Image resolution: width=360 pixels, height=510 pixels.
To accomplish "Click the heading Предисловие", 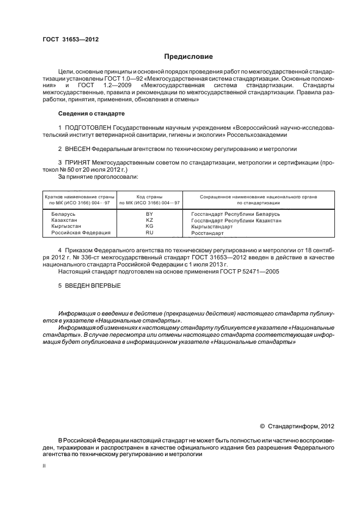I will click(x=188, y=57).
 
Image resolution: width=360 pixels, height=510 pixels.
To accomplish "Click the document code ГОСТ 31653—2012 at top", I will click(x=70, y=40).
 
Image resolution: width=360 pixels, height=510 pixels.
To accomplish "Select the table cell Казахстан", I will click(x=65, y=220).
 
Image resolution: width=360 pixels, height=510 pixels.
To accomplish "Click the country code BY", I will click(x=149, y=214).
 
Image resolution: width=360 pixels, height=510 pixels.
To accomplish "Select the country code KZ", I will click(x=149, y=220).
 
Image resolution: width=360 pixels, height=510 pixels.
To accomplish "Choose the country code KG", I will click(x=149, y=226).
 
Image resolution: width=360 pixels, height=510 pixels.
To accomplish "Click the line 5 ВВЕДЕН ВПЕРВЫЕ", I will click(x=89, y=286).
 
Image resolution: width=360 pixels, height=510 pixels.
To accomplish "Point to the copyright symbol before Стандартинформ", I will click(x=262, y=426).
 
